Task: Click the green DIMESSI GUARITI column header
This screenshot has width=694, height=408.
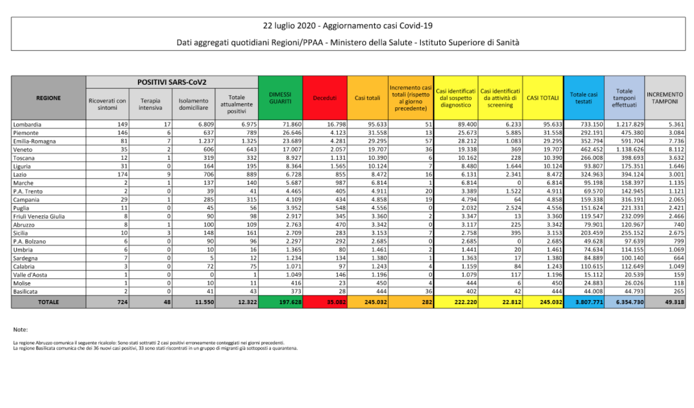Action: click(280, 98)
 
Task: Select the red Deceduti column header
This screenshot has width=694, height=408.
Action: click(324, 98)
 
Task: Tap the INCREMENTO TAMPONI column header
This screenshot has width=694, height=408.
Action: click(664, 98)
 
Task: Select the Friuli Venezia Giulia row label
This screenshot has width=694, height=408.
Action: click(39, 216)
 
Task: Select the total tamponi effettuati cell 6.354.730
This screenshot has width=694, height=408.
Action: click(625, 301)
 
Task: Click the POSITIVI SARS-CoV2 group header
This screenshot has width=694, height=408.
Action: click(171, 82)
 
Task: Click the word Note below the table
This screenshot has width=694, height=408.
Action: click(20, 330)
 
